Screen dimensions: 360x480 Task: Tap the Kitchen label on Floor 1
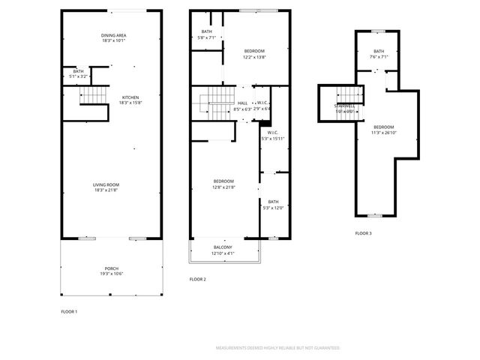coord(129,97)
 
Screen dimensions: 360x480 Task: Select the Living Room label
coord(106,184)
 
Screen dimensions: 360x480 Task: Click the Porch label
coord(111,268)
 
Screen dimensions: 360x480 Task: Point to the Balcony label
coord(222,247)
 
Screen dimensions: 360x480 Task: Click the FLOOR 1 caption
coord(69,311)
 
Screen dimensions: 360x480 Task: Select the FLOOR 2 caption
coord(197,279)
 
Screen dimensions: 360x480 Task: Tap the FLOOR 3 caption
coord(364,234)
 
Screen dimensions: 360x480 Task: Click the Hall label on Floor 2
coord(242,103)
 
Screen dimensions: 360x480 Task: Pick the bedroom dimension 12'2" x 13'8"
coord(254,57)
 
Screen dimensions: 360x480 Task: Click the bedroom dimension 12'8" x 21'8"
coord(223,187)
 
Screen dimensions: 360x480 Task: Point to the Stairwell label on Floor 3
coord(345,106)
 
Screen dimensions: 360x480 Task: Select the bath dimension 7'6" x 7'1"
coord(379,56)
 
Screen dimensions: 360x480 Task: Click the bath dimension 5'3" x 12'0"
coord(273,208)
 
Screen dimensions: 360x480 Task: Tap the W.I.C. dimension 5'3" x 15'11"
coord(273,139)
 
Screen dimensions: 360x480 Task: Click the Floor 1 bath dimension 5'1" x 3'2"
coord(78,76)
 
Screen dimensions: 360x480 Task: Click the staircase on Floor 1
coord(89,97)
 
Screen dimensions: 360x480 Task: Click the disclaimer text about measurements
coord(277,348)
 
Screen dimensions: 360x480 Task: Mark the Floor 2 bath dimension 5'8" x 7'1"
coord(206,37)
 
